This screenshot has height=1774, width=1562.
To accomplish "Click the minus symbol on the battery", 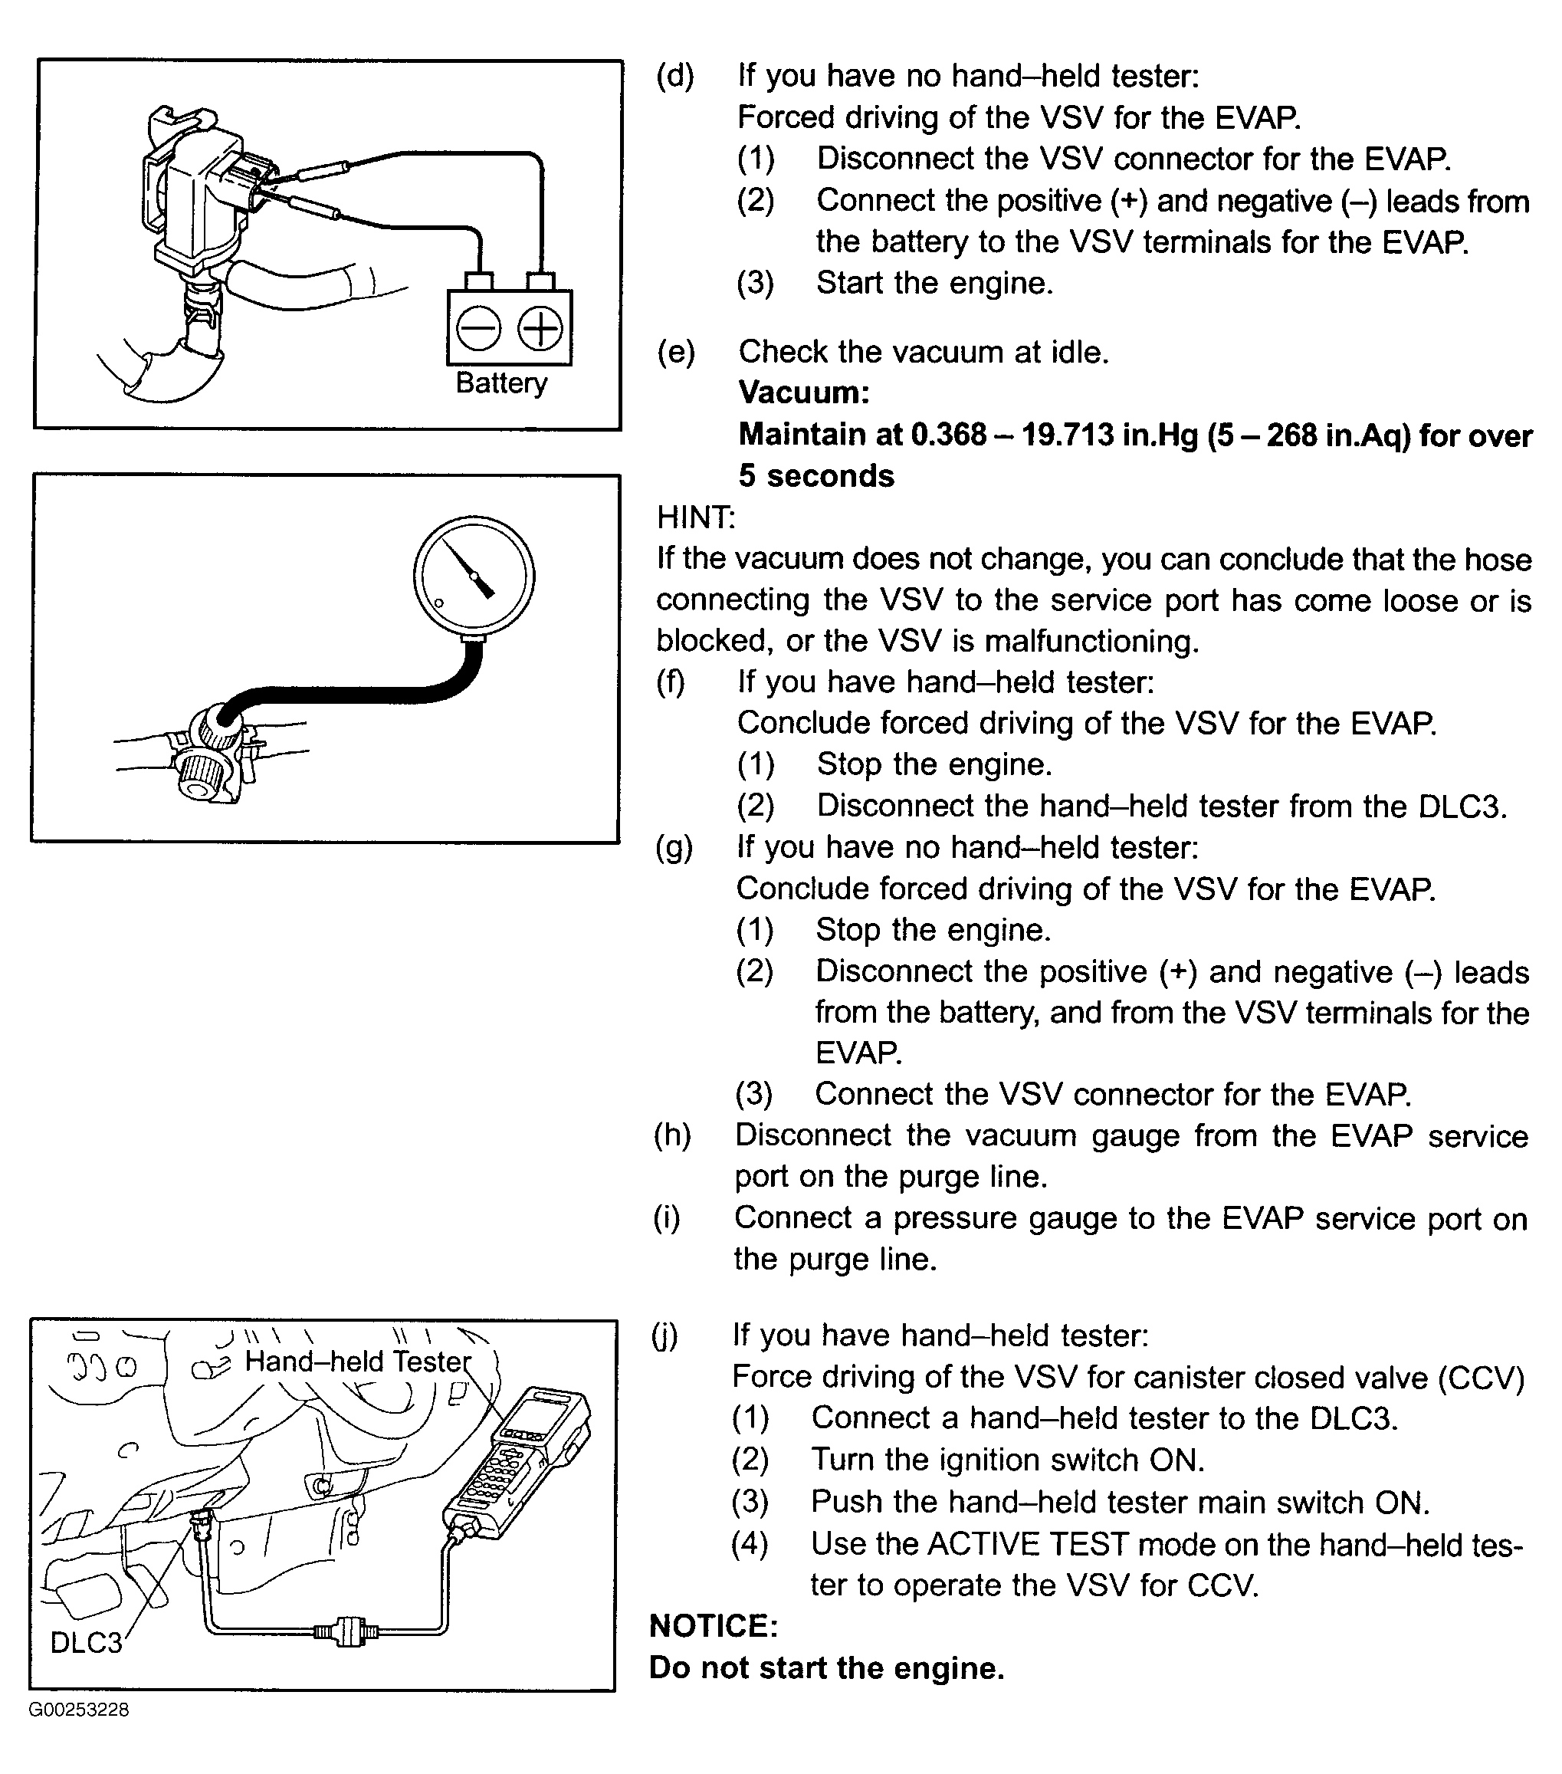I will pos(478,330).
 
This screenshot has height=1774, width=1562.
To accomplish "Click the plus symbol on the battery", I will pos(540,330).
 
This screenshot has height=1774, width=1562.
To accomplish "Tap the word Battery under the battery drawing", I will pos(500,383).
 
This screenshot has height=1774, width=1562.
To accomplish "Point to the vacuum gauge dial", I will pos(474,577).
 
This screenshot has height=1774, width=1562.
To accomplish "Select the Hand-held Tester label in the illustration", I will pos(357,1360).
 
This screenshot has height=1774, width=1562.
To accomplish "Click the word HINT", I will pos(696,517).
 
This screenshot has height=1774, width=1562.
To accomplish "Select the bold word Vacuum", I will pos(803,393).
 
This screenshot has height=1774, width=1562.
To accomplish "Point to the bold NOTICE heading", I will pos(714,1625).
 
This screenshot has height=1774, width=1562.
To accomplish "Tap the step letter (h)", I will pos(672,1135).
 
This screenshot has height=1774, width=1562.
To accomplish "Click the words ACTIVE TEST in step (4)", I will pos(1028,1543).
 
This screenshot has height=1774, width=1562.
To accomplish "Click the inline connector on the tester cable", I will pos(346,1631).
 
